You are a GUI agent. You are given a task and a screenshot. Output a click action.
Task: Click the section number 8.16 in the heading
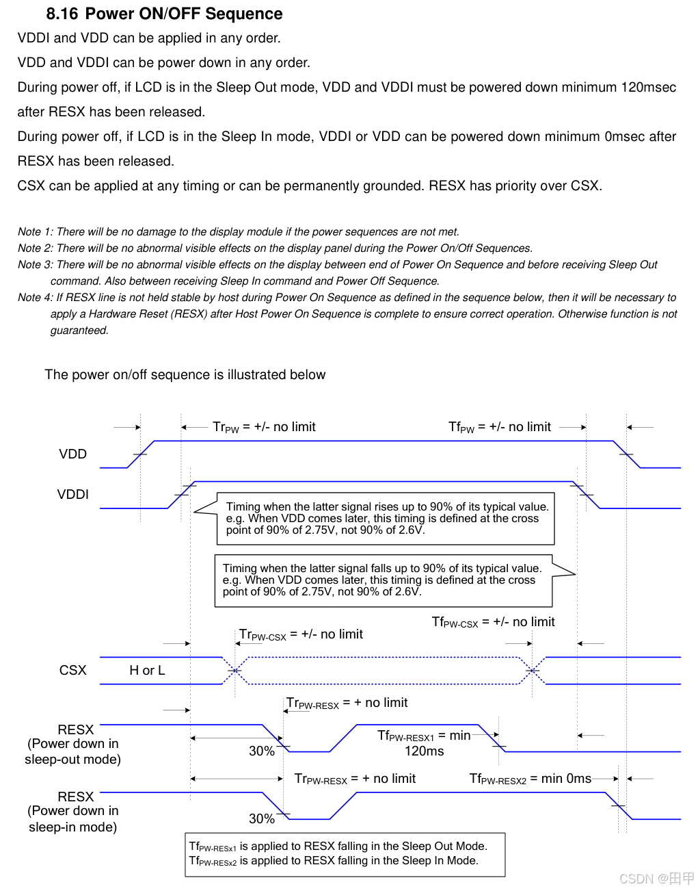click(62, 14)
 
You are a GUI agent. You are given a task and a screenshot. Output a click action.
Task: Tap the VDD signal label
click(72, 454)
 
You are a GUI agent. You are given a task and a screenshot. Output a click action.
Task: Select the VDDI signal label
click(72, 495)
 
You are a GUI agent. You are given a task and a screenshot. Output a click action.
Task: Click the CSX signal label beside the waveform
click(72, 670)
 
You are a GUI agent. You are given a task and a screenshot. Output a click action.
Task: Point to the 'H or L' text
click(147, 671)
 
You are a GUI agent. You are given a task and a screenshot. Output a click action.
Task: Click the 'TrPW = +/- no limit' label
click(264, 427)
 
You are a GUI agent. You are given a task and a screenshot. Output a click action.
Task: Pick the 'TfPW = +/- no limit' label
click(499, 427)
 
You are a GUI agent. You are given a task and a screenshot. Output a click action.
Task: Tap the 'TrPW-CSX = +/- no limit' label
click(301, 635)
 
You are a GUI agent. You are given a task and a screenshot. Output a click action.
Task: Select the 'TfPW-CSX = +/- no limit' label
click(493, 622)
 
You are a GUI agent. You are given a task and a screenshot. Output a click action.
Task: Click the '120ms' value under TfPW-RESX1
click(424, 751)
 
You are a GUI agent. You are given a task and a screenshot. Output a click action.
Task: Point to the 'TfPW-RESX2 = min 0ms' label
click(530, 779)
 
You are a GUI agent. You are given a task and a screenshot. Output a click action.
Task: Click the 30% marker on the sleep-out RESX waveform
click(261, 751)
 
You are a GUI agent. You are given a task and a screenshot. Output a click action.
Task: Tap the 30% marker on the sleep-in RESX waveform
click(261, 819)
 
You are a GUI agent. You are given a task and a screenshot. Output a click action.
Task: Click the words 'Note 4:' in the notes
click(35, 298)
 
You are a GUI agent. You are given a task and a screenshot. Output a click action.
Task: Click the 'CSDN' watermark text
click(636, 879)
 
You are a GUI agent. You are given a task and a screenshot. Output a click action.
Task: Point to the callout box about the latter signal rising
click(386, 519)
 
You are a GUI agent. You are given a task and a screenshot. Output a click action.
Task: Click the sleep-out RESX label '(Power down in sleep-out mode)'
click(72, 751)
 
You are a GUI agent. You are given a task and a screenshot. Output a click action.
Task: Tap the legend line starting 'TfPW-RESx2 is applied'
click(333, 861)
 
